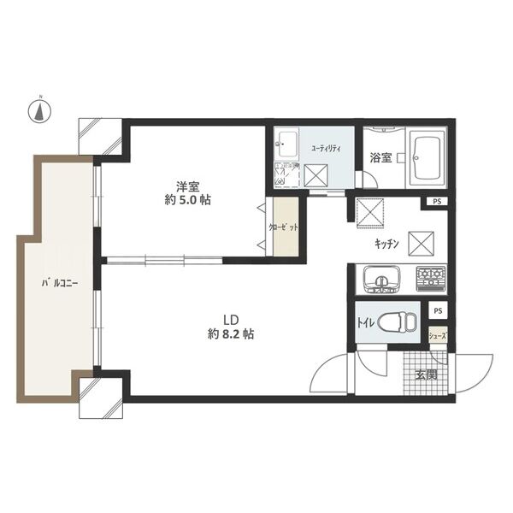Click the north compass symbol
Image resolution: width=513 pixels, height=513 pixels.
coord(39,111)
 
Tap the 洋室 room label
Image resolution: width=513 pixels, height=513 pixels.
coord(188,186)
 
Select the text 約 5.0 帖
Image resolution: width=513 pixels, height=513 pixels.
coord(187,200)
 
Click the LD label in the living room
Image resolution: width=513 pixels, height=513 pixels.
coord(230,320)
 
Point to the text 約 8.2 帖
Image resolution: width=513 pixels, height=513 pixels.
coord(231,334)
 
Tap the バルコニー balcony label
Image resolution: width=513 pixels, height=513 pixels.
coord(60,283)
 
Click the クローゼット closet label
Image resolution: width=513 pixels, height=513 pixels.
coord(283,227)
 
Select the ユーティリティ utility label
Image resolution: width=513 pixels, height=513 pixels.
coord(327,149)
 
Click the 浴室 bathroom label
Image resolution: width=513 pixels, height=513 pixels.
coord(380,158)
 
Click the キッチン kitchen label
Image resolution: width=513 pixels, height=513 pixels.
coord(386,244)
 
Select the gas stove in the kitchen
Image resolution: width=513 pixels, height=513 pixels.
coord(431,279)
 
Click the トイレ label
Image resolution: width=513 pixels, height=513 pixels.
coord(365,323)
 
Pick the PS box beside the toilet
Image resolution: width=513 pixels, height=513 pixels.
coord(438,311)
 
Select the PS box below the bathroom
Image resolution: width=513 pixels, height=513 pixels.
coord(437,202)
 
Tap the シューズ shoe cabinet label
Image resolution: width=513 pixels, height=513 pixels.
coord(438,335)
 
